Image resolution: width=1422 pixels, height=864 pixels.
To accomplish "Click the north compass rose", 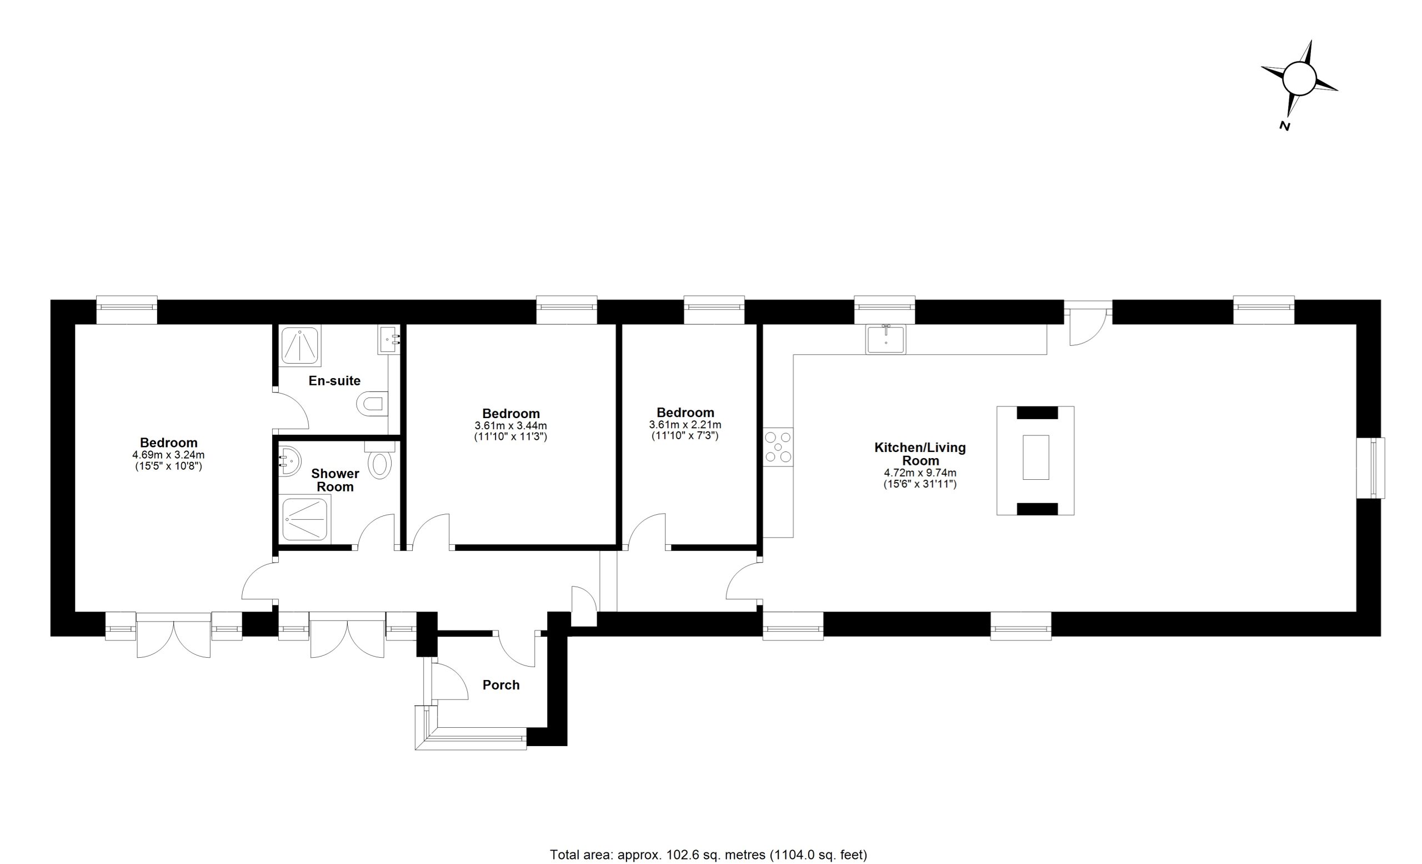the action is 1299,78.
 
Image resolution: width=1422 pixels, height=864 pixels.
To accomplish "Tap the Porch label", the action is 501,685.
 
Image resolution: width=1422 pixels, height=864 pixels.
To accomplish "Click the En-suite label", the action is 334,381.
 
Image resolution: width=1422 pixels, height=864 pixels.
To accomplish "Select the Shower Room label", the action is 336,480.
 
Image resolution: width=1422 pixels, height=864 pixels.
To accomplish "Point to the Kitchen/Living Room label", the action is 920,454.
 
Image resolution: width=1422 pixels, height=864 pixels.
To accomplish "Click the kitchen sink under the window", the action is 886,339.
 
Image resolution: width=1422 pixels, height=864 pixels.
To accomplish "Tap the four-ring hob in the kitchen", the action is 779,447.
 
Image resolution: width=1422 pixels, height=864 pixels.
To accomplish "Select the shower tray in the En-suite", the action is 301,346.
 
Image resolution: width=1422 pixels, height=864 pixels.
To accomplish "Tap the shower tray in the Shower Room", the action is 306,520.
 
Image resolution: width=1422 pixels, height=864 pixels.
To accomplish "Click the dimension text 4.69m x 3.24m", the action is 168,455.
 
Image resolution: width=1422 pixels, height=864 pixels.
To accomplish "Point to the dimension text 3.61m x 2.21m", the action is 685,424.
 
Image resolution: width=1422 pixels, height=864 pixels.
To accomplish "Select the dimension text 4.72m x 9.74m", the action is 920,473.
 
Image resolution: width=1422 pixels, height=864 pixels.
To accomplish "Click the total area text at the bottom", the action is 709,854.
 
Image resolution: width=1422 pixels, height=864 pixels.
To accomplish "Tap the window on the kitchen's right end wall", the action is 1378,468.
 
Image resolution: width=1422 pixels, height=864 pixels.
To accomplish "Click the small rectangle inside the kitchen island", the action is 1036,458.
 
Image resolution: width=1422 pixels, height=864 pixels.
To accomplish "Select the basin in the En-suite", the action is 389,339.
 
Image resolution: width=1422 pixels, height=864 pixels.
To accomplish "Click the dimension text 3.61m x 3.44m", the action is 510,426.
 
